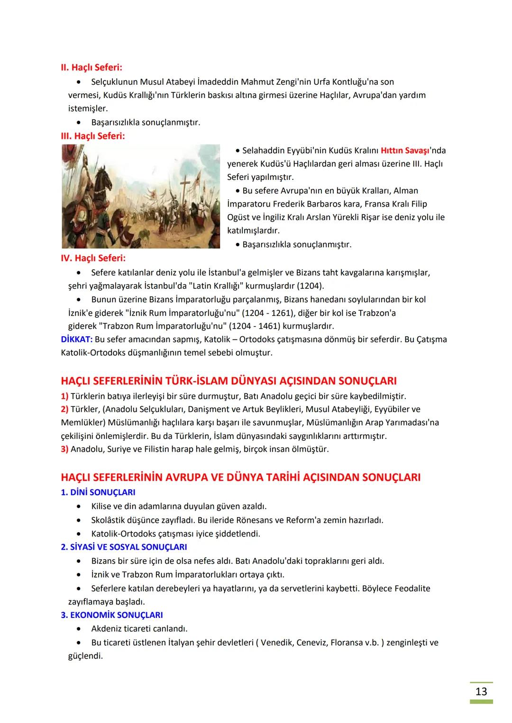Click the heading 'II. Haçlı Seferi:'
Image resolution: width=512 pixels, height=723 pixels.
click(91, 68)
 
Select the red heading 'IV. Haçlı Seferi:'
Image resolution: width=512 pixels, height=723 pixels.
click(93, 259)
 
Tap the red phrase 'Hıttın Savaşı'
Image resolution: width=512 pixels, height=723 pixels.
click(404, 151)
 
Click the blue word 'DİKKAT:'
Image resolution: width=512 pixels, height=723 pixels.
click(77, 339)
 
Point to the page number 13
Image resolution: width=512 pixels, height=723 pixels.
click(481, 691)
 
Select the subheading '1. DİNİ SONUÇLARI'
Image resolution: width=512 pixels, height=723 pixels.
click(98, 492)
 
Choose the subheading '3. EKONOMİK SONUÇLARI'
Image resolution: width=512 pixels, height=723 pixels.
click(112, 615)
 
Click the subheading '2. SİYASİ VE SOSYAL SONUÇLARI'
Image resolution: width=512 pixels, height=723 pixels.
click(124, 547)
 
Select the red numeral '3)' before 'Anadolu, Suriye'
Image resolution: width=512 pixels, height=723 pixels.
click(64, 449)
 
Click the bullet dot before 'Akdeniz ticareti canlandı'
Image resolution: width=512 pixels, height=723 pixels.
click(78, 629)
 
